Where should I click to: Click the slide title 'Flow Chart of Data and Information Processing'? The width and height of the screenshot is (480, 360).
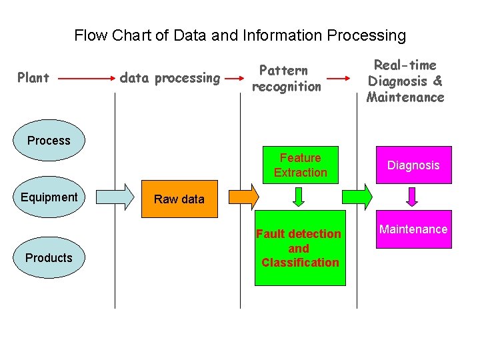(240, 35)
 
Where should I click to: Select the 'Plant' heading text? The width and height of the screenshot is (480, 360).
(33, 79)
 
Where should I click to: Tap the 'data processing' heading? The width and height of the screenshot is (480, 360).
(170, 79)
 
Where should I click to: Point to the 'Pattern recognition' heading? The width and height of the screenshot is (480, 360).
(287, 79)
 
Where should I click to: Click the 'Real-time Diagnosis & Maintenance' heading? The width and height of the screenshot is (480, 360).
(405, 81)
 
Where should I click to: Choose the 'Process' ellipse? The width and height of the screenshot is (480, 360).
(49, 141)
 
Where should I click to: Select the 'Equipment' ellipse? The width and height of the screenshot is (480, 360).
(49, 198)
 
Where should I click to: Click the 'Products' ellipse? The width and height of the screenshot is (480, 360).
(49, 258)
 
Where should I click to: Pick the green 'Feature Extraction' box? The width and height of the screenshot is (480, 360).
(300, 165)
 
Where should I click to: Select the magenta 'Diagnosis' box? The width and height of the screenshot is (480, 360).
(413, 165)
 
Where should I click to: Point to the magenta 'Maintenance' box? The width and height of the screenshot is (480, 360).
(413, 229)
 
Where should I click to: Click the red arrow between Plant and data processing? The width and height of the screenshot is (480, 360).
(83, 79)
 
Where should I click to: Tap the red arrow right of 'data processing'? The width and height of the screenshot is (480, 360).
(233, 79)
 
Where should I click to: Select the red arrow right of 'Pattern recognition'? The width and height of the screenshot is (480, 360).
(339, 79)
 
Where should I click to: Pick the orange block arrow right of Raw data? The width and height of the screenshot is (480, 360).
(243, 195)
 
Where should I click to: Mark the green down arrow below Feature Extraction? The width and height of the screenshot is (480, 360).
(299, 197)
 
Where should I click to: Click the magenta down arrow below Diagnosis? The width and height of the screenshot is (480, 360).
(413, 197)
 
